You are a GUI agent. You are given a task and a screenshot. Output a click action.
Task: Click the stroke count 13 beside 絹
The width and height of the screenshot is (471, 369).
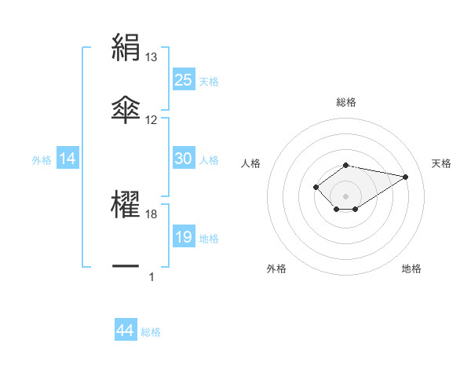point(152,57)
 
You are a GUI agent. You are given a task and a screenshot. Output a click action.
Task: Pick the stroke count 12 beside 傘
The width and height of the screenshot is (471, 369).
point(152,120)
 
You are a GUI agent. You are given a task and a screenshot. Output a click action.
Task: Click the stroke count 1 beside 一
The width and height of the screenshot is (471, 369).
point(152,277)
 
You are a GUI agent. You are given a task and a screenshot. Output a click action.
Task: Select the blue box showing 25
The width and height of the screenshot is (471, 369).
point(183,80)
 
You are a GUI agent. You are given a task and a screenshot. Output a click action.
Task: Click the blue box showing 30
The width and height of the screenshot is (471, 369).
point(183,159)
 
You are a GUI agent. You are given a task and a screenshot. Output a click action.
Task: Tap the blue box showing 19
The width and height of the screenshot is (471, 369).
point(183,237)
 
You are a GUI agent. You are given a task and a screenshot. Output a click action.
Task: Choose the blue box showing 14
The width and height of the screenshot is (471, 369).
point(68,159)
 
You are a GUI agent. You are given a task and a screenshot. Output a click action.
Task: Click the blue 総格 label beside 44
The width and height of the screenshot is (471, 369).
point(151,332)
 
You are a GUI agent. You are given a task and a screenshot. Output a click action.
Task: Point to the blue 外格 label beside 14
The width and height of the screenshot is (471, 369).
point(42,160)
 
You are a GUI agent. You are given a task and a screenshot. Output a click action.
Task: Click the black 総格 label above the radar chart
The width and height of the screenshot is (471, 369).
point(345,102)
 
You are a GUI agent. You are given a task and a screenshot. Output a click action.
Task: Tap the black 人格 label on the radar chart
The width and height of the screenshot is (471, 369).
point(251,163)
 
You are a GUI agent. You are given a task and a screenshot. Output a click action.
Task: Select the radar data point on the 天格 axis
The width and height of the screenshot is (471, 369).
point(405,176)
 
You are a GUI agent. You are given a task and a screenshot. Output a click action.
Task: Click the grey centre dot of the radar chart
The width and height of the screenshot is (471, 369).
point(345,195)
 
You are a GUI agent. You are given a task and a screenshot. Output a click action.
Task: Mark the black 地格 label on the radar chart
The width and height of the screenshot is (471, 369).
point(411,269)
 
